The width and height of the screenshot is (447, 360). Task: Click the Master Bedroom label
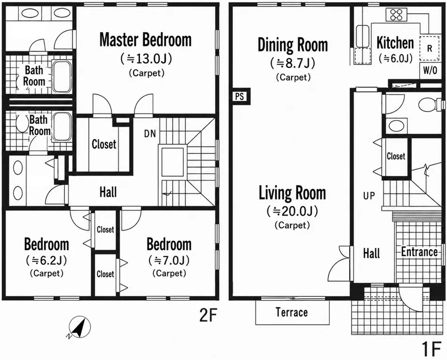coord(145,40)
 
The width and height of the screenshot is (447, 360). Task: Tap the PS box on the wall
coord(240,96)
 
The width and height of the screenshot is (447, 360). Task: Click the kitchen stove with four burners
coord(396,15)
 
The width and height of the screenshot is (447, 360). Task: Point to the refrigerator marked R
coord(430,48)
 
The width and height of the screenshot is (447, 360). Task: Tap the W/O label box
coord(430,70)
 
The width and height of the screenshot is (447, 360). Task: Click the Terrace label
coord(292,312)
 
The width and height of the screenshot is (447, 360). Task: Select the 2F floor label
coord(208,315)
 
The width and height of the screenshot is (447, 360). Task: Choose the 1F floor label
coord(431,349)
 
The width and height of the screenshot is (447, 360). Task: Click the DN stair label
coord(150,134)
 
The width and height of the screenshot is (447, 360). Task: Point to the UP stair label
coord(369,196)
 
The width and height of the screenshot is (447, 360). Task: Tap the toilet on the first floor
coord(431,105)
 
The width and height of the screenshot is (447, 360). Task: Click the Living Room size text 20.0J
coord(292,211)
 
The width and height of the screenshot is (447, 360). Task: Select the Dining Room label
coord(293,45)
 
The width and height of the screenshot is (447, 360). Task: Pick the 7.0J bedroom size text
coord(169,260)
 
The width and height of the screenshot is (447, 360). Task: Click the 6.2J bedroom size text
coord(47,260)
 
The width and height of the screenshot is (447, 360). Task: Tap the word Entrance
coord(419,252)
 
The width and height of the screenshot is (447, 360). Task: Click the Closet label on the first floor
coord(396,156)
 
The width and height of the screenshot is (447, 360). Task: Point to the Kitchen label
coord(395,43)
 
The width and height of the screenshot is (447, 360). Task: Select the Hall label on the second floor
coord(108,192)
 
